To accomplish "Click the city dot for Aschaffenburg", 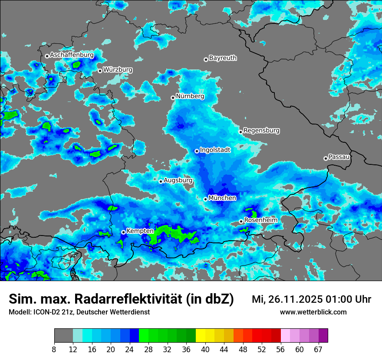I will pyautogui.click(x=47, y=56).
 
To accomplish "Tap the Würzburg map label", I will pyautogui.click(x=118, y=69).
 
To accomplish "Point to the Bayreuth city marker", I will pyautogui.click(x=206, y=59).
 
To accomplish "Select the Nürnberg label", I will pyautogui.click(x=190, y=96).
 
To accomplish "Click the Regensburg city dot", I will pyautogui.click(x=240, y=131).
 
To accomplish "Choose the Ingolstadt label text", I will pyautogui.click(x=215, y=150).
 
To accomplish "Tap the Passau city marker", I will pyautogui.click(x=326, y=158).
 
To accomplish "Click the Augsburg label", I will pyautogui.click(x=178, y=180).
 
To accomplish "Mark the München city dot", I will pyautogui.click(x=206, y=199).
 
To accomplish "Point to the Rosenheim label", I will pyautogui.click(x=260, y=220).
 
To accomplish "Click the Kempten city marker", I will pyautogui.click(x=123, y=232).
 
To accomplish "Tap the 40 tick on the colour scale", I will pyautogui.click(x=205, y=350).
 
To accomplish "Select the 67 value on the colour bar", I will pyautogui.click(x=318, y=350).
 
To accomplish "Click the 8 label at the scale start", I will pyautogui.click(x=54, y=350).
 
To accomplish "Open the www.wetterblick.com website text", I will pyautogui.click(x=313, y=312).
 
